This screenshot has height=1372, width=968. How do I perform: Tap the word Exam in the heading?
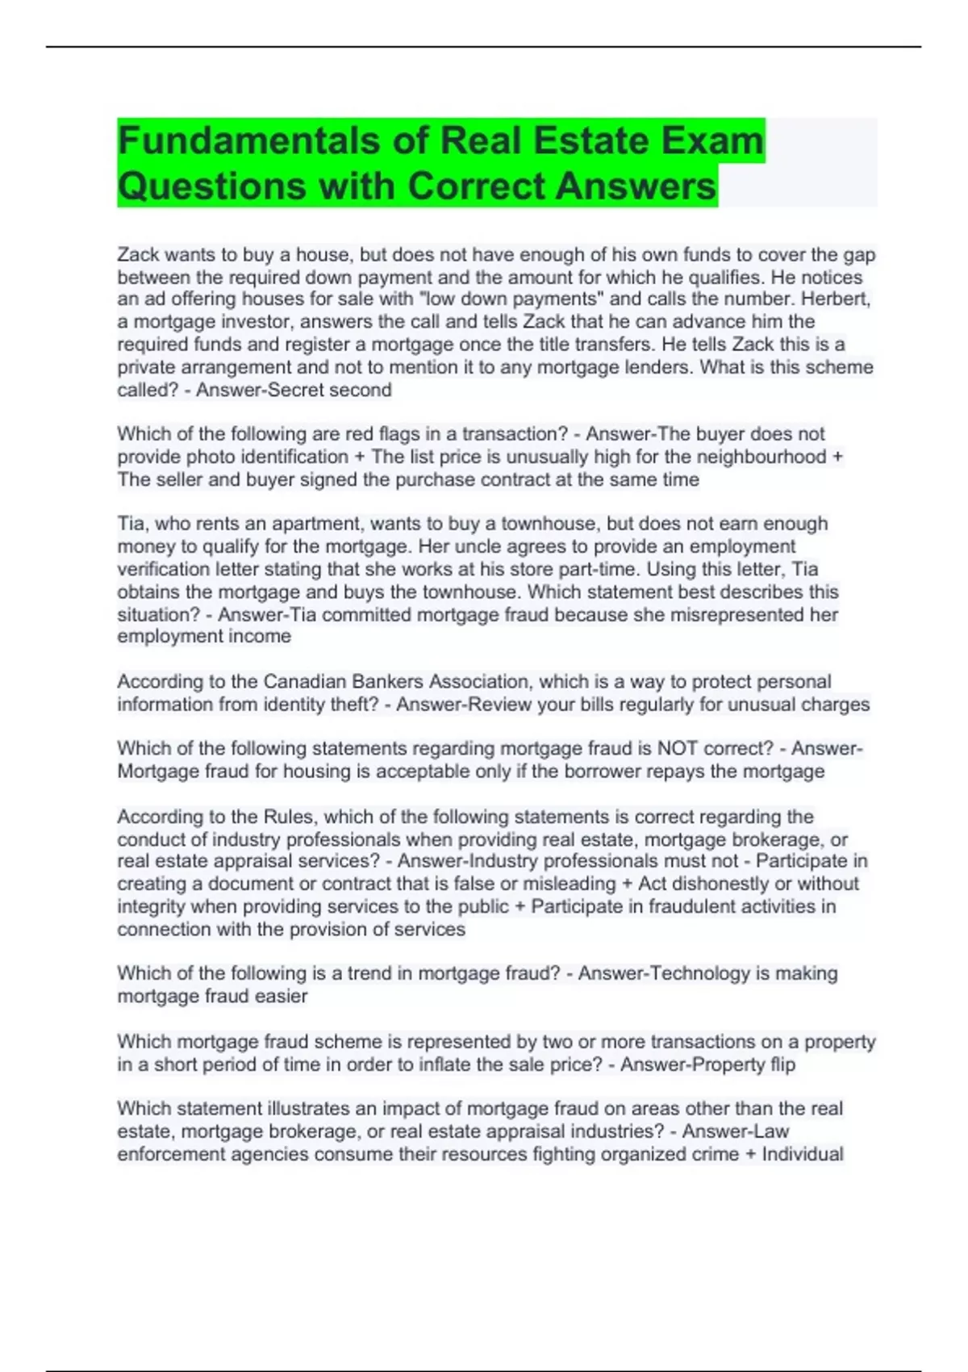pyautogui.click(x=712, y=141)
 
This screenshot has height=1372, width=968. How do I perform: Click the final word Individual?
pyautogui.click(x=803, y=1154)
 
